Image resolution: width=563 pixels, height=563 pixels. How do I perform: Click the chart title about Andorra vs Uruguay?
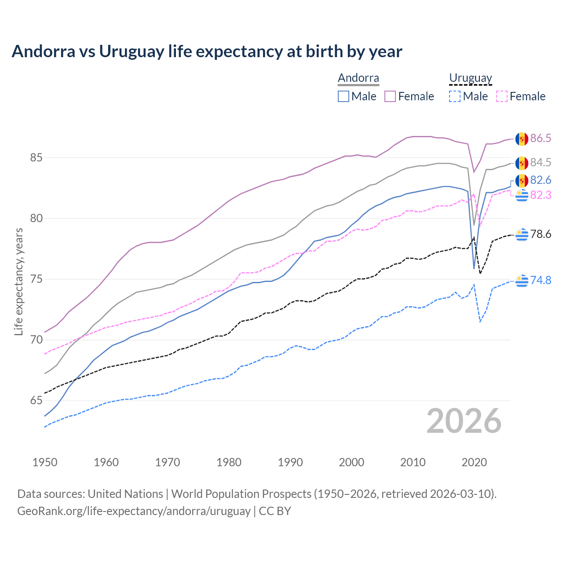[207, 51]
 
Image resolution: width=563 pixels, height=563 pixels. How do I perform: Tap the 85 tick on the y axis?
[36, 157]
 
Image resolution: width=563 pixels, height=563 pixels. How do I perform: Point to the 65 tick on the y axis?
[36, 401]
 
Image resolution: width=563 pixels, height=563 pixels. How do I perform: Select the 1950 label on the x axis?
[45, 462]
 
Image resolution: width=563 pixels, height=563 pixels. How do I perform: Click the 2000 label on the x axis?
[351, 462]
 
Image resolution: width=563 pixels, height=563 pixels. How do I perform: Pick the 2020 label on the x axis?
[474, 462]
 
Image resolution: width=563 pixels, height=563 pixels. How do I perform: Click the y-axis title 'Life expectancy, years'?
[18, 281]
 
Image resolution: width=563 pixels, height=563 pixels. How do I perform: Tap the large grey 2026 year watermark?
[464, 421]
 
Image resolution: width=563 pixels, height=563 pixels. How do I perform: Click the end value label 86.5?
[541, 139]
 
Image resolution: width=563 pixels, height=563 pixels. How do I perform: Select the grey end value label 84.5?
[541, 163]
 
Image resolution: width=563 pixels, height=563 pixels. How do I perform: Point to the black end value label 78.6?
[541, 234]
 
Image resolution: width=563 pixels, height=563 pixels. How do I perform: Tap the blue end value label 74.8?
[541, 280]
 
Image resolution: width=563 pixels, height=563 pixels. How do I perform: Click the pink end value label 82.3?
[541, 195]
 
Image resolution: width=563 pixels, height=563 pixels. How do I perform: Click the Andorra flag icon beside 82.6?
[522, 180]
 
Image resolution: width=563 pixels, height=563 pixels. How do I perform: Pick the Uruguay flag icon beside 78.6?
[522, 234]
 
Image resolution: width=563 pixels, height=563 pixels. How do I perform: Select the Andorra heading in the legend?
[358, 78]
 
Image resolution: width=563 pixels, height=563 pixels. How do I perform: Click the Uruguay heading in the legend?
[470, 78]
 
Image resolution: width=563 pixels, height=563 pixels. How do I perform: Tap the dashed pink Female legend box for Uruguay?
[502, 96]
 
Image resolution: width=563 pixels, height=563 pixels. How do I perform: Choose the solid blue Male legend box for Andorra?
[344, 96]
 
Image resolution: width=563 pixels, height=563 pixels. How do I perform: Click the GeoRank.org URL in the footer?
[134, 511]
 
